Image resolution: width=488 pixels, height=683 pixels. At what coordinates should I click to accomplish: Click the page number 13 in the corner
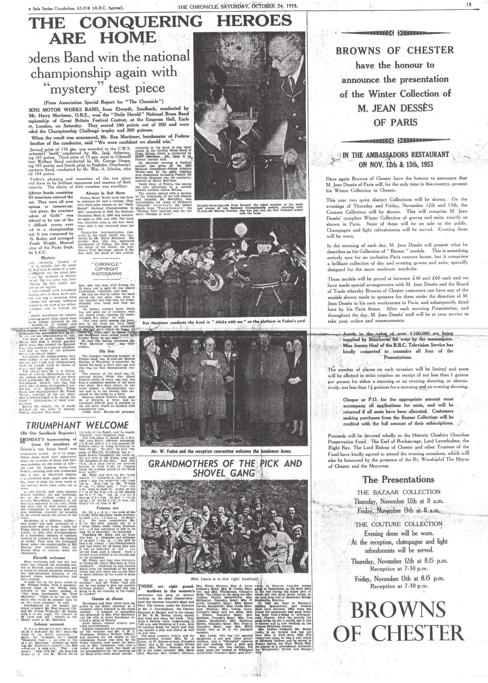click(x=469, y=5)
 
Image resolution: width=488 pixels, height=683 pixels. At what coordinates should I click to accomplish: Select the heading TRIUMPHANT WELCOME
click(x=78, y=425)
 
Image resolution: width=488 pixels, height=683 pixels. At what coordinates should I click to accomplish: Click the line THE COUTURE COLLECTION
click(x=399, y=524)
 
